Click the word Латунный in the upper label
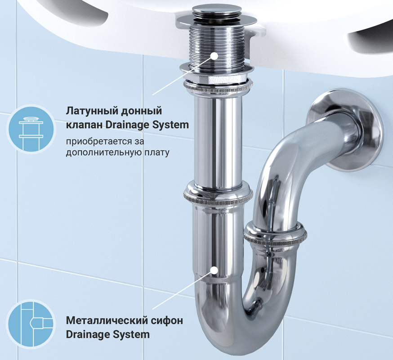pyautogui.click(x=92, y=111)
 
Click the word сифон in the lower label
pyautogui.click(x=166, y=321)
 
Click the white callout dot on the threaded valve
pyautogui.click(x=214, y=56)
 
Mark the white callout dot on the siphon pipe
pyautogui.click(x=214, y=270)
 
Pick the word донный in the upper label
pyautogui.click(x=142, y=111)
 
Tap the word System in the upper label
pyautogui.click(x=171, y=125)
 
